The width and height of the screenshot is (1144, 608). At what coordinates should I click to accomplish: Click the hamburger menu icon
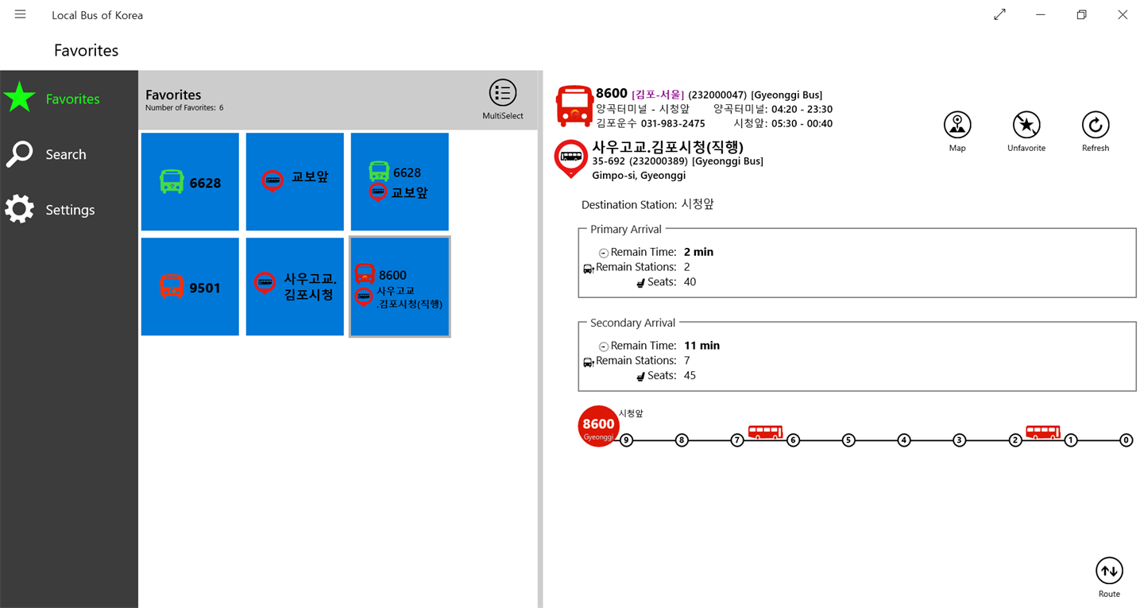click(21, 14)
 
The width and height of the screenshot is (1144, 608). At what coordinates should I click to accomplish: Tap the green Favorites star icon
click(19, 97)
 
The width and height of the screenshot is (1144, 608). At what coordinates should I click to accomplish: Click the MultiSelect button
click(503, 99)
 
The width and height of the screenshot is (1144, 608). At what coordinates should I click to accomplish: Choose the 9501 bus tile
click(190, 287)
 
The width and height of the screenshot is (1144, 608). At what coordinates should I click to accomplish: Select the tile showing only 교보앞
click(295, 181)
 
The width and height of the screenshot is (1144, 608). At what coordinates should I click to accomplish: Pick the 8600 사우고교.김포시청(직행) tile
click(400, 287)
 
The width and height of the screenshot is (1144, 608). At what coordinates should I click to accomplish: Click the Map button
click(957, 131)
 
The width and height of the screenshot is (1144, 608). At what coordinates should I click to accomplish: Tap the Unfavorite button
click(1026, 131)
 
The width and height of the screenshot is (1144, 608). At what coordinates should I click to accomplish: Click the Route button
click(1109, 577)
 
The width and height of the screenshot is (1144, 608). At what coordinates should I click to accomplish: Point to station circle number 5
click(848, 440)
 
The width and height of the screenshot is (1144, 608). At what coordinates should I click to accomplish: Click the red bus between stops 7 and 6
click(765, 432)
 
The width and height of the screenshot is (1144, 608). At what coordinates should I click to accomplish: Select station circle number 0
click(1127, 440)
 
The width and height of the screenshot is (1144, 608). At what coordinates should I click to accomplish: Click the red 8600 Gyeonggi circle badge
click(598, 426)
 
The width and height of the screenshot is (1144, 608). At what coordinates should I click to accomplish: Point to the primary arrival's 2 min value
click(698, 252)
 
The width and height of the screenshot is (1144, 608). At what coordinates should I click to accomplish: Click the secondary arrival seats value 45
click(690, 375)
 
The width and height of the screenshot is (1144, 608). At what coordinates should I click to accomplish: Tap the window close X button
click(1122, 14)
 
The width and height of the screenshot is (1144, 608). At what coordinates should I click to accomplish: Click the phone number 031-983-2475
click(673, 124)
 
